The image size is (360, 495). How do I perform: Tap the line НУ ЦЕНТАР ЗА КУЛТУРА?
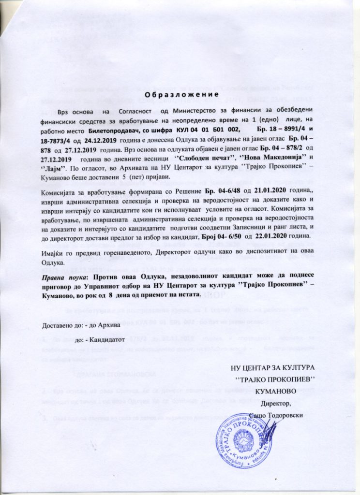click(274, 367)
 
